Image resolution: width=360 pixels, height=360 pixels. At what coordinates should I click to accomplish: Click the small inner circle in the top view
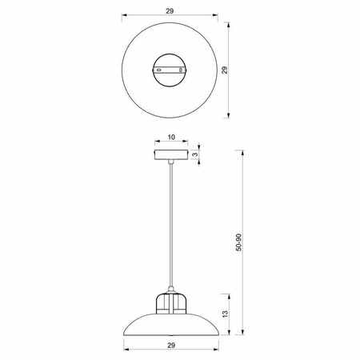click(170, 71)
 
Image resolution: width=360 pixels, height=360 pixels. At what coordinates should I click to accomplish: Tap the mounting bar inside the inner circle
click(170, 71)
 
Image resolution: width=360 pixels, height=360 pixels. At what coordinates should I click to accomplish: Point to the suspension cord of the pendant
click(170, 224)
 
